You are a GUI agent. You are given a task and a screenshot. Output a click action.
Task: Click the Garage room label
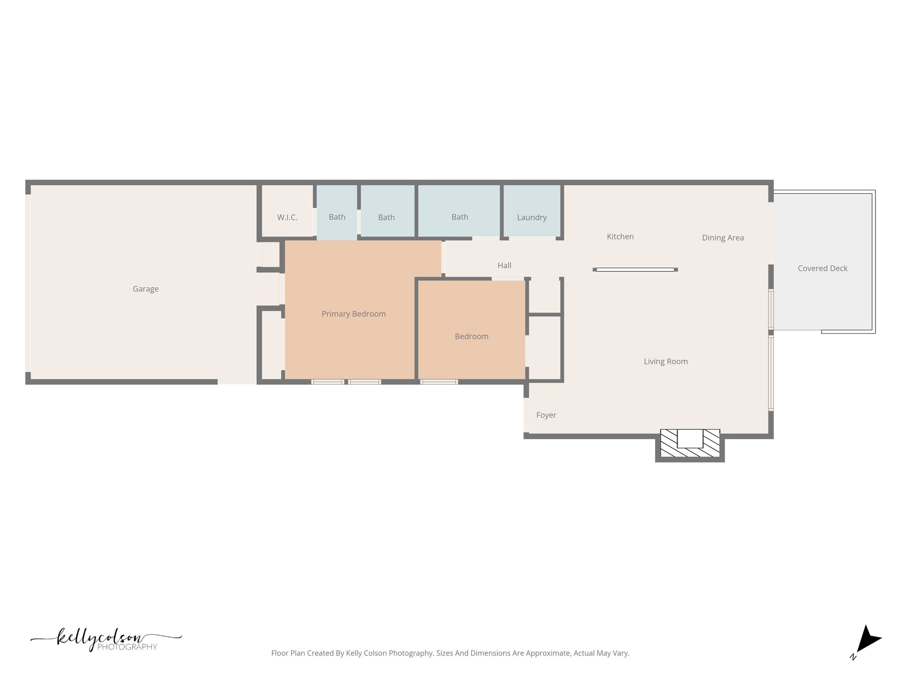(x=146, y=289)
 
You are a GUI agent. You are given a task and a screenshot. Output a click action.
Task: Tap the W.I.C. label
(x=287, y=217)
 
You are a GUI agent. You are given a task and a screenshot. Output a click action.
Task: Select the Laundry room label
(x=531, y=217)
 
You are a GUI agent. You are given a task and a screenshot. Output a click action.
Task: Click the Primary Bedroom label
(x=353, y=314)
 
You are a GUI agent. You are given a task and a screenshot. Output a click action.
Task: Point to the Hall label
(x=504, y=265)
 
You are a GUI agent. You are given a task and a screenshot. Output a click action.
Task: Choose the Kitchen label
(x=620, y=237)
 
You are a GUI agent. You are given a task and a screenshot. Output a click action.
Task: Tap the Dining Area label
(x=722, y=238)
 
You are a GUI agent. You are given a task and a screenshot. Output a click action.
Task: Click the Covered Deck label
(x=822, y=268)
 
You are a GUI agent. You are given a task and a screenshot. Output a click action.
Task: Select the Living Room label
(x=665, y=361)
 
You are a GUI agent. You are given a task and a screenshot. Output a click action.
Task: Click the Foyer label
(x=546, y=415)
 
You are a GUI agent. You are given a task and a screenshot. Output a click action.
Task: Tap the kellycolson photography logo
(x=106, y=639)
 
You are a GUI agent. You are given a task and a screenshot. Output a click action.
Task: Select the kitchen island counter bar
(x=635, y=269)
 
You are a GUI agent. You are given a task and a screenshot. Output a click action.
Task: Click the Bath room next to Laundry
(x=459, y=217)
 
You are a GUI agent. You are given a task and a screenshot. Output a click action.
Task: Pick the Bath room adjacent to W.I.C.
(x=337, y=217)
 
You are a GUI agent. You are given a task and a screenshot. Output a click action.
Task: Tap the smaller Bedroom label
(x=471, y=336)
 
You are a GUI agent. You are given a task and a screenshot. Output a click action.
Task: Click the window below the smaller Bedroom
(x=439, y=382)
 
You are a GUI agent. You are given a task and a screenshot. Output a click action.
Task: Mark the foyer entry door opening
(x=526, y=415)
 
